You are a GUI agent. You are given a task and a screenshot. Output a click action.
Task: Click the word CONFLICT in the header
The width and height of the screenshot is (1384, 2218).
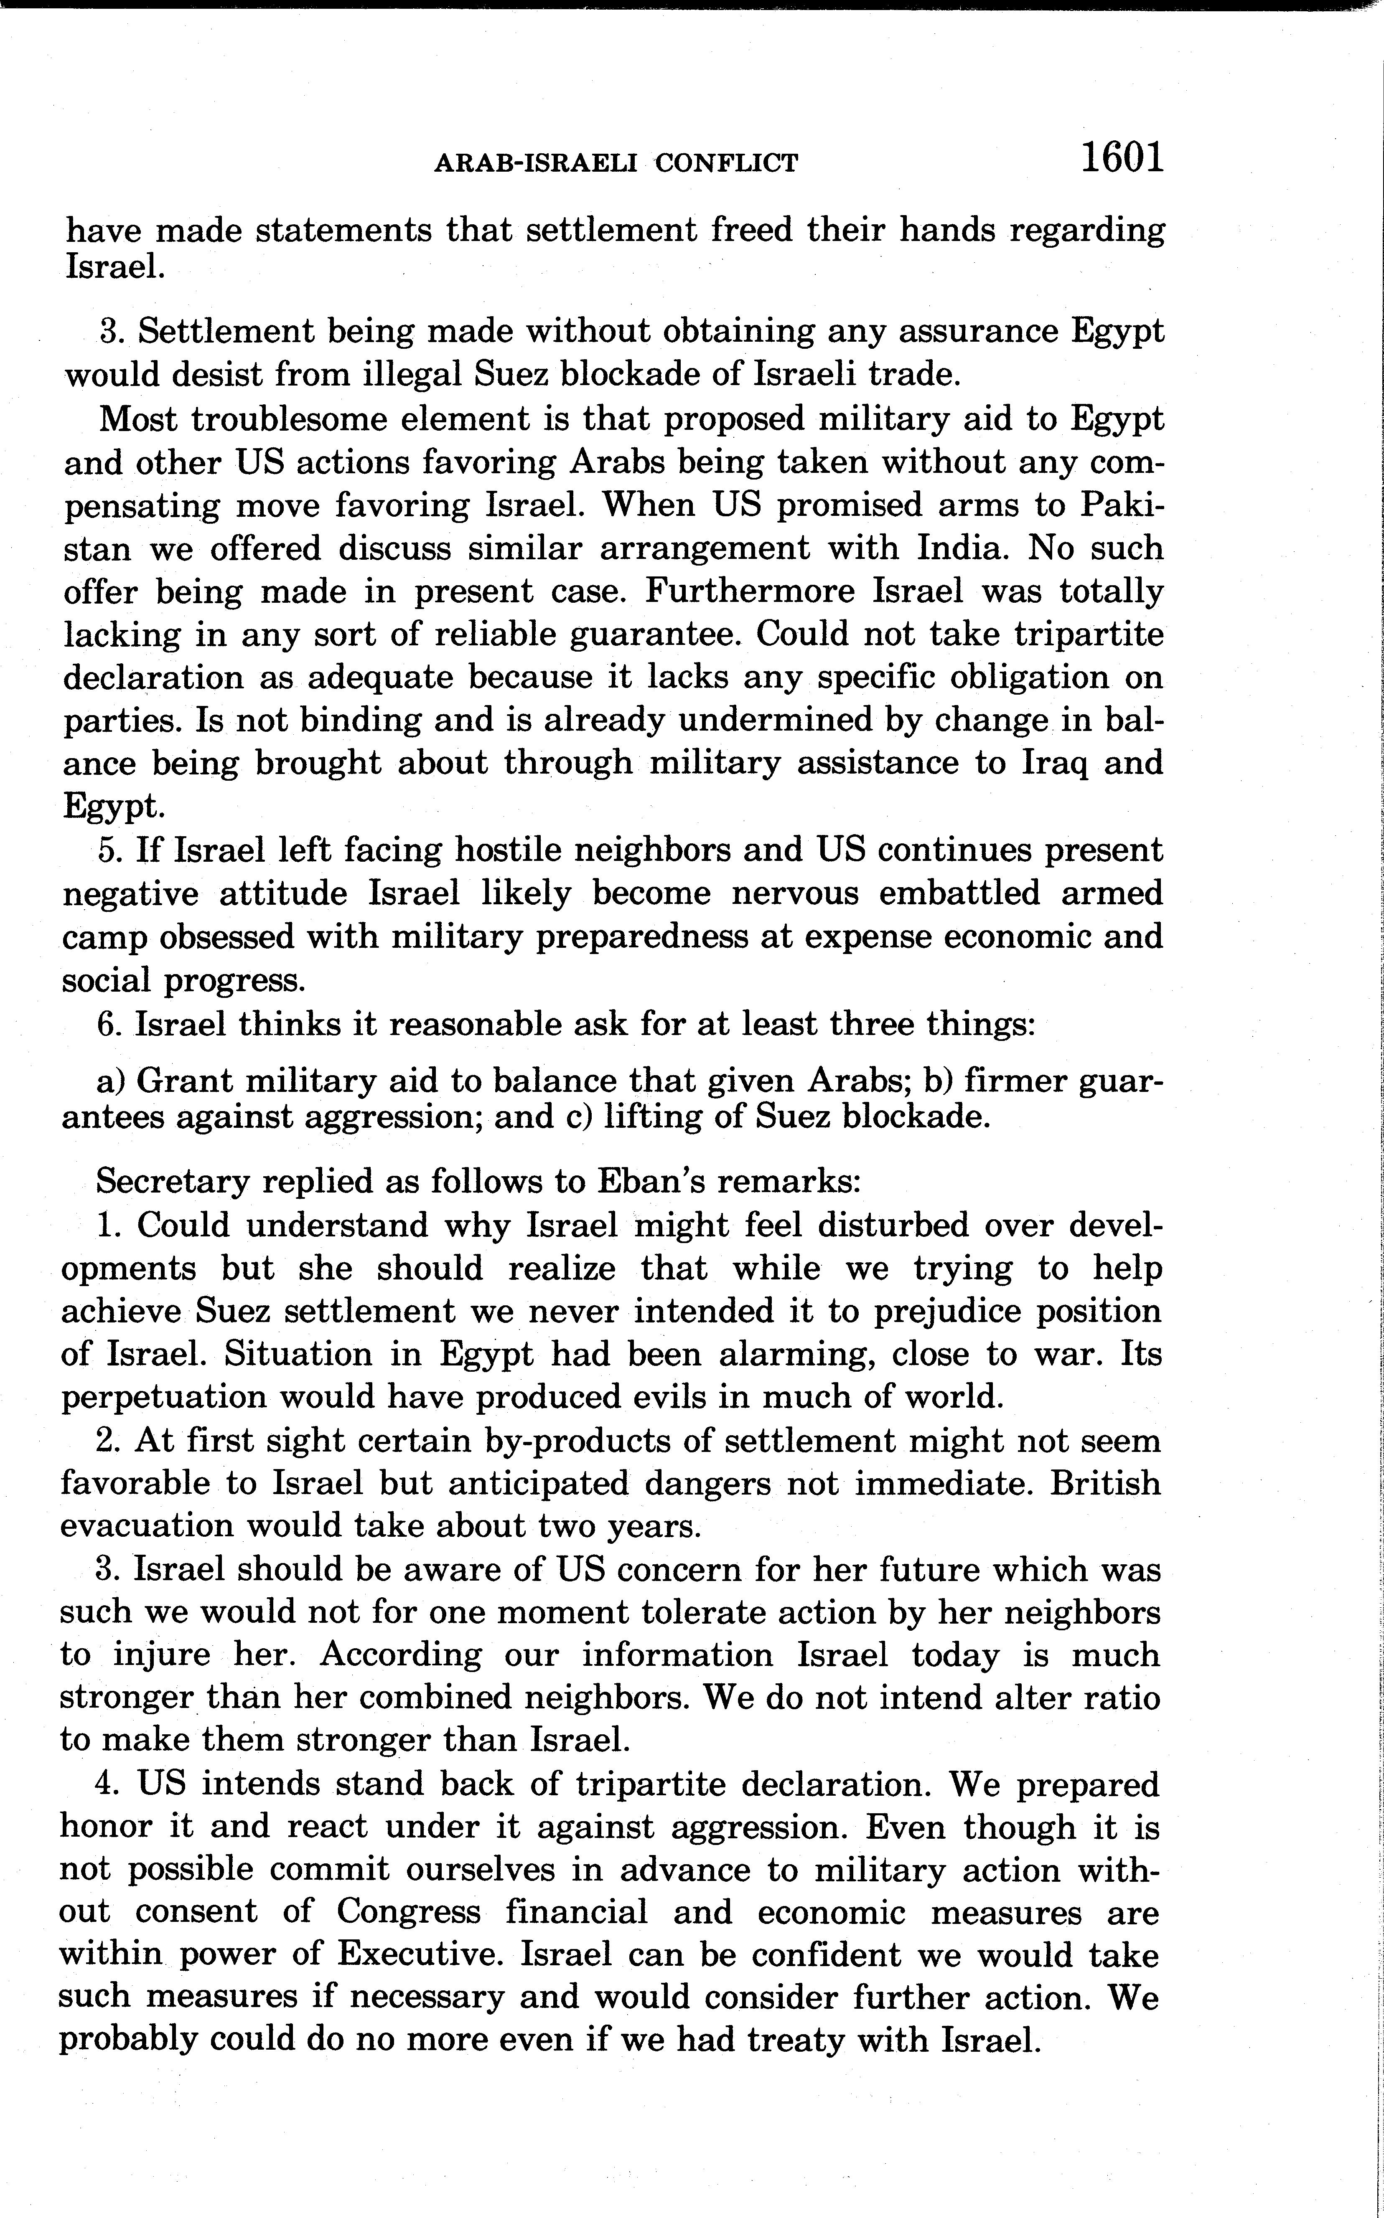point(728,164)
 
